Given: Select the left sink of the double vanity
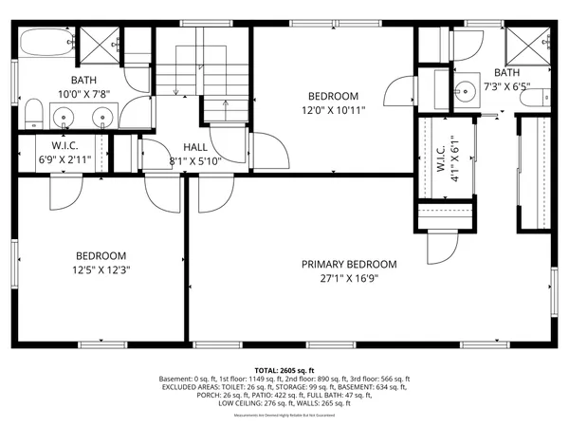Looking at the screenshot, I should coord(64,118).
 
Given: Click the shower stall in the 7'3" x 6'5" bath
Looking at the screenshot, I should coord(528,44).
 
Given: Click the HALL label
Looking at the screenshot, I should coord(195,147).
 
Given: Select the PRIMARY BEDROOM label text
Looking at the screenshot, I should coord(349,265).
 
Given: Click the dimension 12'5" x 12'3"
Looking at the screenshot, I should coord(101,269).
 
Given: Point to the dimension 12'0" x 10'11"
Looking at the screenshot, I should coord(333,110).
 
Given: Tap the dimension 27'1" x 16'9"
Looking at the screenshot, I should coord(349,279).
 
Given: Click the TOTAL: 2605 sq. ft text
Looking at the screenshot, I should coord(284,371).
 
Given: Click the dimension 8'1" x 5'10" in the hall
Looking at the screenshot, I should coord(195,161).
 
